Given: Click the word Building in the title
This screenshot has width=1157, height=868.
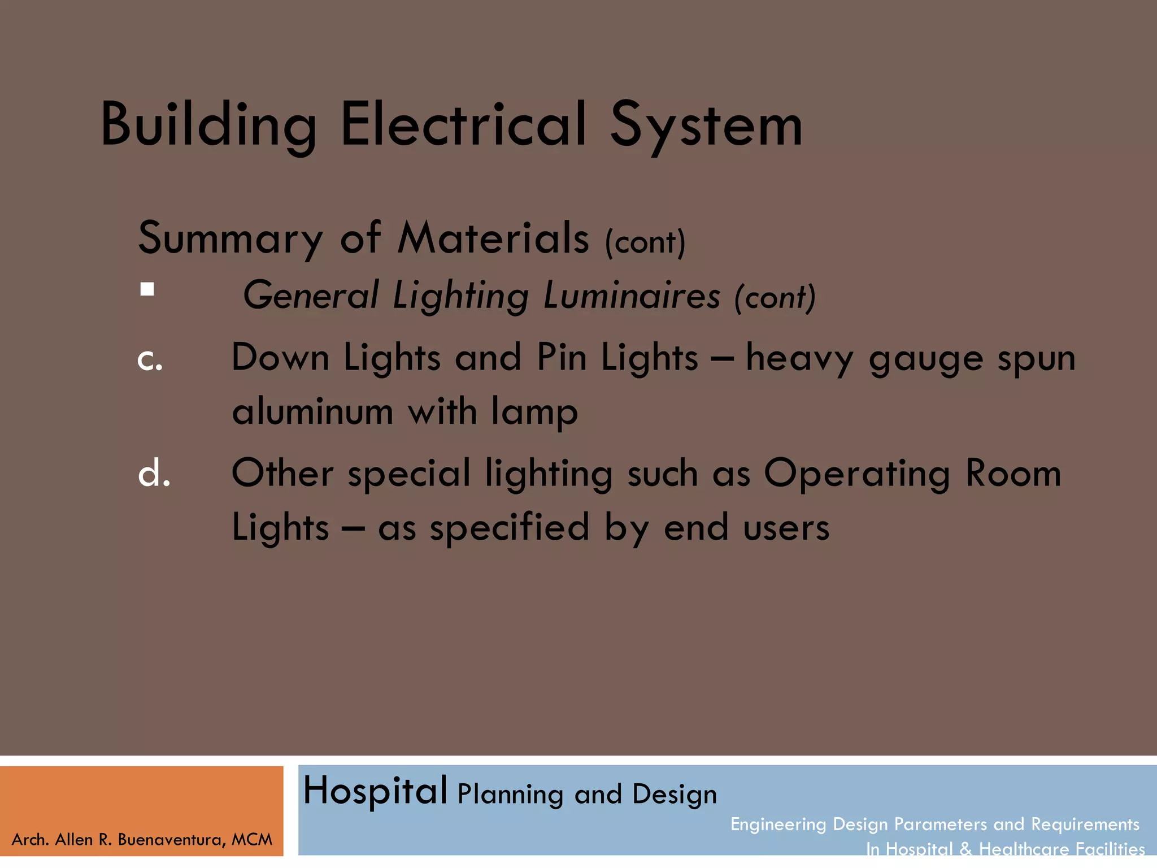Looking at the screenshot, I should (x=208, y=125).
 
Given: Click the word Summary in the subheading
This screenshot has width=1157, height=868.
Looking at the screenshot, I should (x=230, y=239).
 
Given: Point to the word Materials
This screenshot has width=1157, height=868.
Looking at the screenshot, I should (x=493, y=238).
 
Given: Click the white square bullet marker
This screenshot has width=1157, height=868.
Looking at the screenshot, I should (x=147, y=289).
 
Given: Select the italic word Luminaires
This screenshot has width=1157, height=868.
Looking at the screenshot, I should (x=632, y=296).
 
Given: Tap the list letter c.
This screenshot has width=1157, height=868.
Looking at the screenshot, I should (x=150, y=359).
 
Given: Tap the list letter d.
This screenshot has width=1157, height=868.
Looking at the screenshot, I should (x=154, y=474).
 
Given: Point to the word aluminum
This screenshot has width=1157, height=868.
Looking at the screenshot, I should (x=312, y=411).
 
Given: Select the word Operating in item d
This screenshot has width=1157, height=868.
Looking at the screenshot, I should (x=856, y=474).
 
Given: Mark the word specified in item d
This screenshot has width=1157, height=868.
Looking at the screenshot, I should (x=510, y=528).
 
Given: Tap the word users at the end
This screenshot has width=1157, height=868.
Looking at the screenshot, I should (x=786, y=528).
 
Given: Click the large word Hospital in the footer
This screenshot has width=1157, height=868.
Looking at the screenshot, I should (x=375, y=792).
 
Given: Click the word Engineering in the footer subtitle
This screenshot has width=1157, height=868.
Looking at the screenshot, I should (x=778, y=824).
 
